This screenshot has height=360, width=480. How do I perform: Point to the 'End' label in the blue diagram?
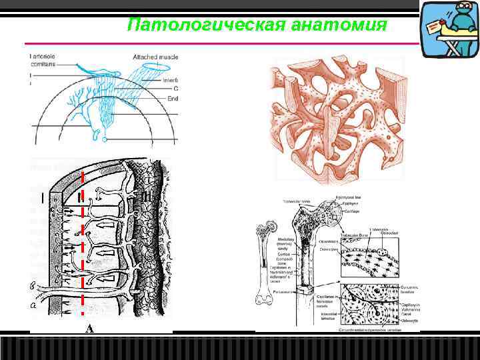click(x=177, y=99)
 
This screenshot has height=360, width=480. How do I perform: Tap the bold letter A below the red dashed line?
click(x=89, y=328)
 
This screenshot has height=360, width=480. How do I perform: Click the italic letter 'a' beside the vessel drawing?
click(x=33, y=306)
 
